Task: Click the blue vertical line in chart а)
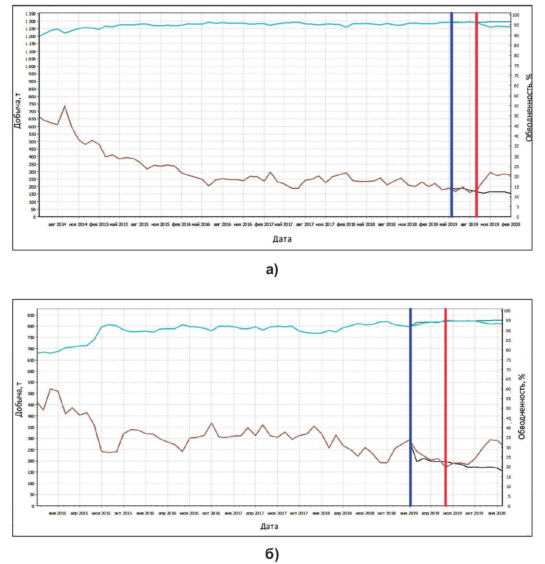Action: point(452,115)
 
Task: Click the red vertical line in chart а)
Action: point(476,115)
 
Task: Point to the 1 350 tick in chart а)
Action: point(30,14)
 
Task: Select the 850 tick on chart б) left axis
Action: point(30,315)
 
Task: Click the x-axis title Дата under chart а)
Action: point(282,239)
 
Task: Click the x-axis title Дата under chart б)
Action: point(269,527)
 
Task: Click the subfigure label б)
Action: point(272,554)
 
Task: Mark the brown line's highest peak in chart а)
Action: point(65,106)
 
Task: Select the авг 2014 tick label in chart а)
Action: point(57,224)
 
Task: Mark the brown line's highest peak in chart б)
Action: point(50,389)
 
